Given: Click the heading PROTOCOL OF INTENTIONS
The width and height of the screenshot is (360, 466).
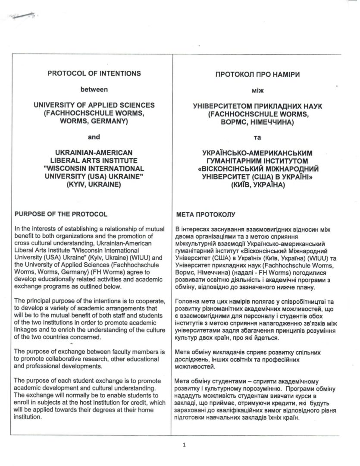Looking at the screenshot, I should click(94, 73).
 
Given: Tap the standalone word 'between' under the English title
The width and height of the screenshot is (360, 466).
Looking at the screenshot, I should click(94, 90).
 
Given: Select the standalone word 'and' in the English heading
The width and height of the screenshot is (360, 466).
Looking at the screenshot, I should click(94, 137).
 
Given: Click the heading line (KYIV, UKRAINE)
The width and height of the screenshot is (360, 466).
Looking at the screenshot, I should click(94, 183).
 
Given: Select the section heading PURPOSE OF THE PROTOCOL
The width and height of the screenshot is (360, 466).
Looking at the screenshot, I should click(61, 214).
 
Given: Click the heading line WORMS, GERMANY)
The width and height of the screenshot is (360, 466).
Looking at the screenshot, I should click(94, 120).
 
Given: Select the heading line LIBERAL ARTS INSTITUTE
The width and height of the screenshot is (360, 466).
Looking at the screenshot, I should click(94, 160).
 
